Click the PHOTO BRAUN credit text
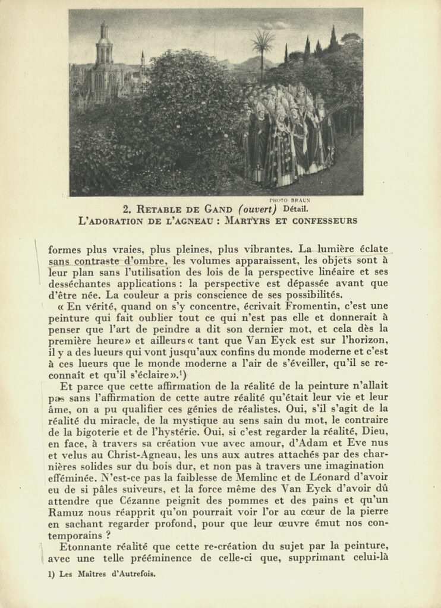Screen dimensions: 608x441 coord(289,200)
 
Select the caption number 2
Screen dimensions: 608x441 coord(126,209)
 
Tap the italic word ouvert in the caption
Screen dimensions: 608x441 coord(257,209)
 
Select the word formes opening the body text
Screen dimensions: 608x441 coord(67,249)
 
